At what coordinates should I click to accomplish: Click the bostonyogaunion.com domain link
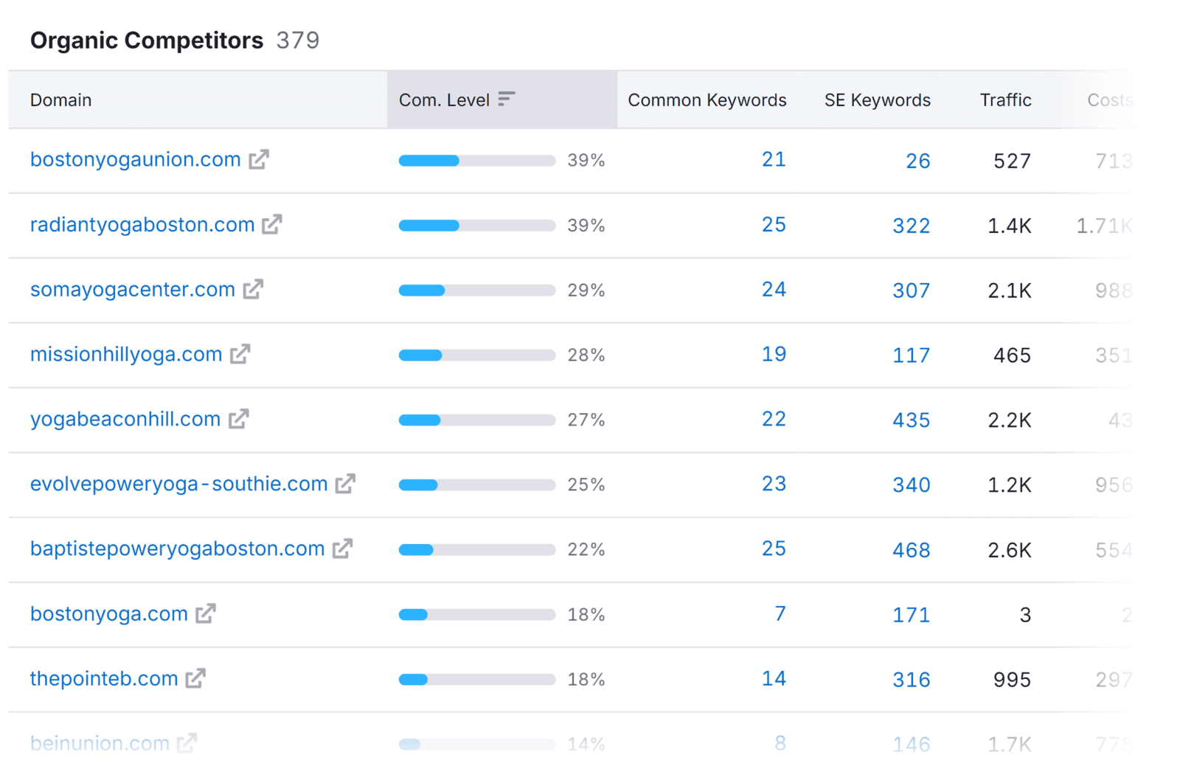(x=135, y=160)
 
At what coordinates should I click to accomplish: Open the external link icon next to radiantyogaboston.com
(x=272, y=224)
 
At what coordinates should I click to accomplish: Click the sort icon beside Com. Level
(x=506, y=99)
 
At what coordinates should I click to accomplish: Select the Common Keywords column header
(x=707, y=100)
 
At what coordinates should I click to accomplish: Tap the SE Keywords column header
(x=877, y=100)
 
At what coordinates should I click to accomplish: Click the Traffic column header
(x=1004, y=100)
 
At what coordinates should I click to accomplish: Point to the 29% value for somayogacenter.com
(x=586, y=290)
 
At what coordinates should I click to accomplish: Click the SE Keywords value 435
(x=911, y=420)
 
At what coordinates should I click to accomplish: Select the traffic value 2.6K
(x=1009, y=550)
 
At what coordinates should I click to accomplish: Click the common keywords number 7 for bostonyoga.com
(x=780, y=613)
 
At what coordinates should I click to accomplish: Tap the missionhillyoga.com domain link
(x=126, y=355)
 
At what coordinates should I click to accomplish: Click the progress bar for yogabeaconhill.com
(x=476, y=420)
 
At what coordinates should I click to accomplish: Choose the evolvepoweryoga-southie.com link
(x=178, y=484)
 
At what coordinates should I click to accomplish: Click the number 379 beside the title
(x=298, y=41)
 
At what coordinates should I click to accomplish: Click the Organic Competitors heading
(x=146, y=41)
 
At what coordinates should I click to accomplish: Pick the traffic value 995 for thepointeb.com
(x=1011, y=680)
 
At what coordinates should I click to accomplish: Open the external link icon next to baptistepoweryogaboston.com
(x=342, y=549)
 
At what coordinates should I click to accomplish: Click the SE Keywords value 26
(x=917, y=161)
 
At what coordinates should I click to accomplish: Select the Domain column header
(x=60, y=100)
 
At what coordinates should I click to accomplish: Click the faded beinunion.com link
(x=100, y=743)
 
